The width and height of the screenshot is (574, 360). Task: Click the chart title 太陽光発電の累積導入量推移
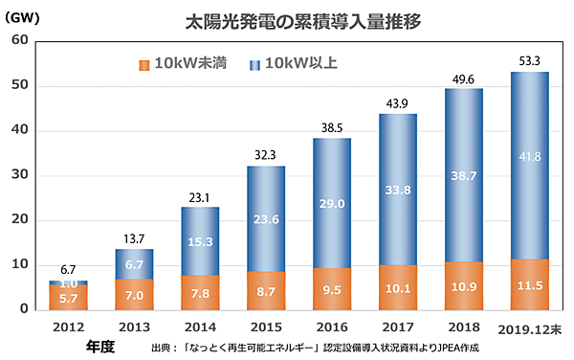(288, 18)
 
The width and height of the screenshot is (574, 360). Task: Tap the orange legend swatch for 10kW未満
(144, 65)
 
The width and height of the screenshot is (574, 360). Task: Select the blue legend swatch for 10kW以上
(254, 65)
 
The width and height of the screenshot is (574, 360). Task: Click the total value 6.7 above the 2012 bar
(70, 269)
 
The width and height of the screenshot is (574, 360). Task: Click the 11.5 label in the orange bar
(529, 288)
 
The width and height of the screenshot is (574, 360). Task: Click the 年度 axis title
(99, 346)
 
